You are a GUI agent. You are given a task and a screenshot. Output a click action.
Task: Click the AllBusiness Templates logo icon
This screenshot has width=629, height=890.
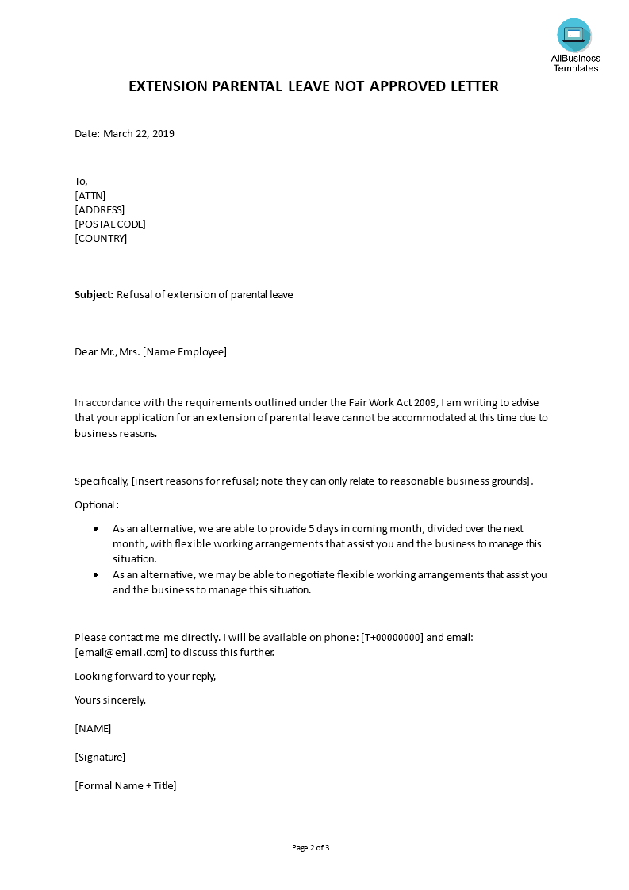573,35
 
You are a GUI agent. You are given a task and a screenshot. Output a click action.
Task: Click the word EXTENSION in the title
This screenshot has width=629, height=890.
165,86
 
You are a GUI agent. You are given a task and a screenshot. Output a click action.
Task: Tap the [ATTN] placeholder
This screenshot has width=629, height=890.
90,195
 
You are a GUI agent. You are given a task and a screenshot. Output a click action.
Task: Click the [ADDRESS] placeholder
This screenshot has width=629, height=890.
99,209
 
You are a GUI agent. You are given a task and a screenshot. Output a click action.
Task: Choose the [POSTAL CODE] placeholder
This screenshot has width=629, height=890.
110,224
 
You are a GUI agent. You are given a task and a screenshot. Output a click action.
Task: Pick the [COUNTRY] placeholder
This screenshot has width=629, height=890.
101,238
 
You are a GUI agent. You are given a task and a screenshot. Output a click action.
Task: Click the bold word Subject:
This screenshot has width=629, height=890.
94,295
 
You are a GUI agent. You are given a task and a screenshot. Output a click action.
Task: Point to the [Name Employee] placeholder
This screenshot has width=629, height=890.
185,352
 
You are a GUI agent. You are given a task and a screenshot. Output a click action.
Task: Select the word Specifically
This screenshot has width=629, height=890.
101,481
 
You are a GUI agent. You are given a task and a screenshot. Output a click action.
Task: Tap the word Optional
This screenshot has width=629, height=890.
95,504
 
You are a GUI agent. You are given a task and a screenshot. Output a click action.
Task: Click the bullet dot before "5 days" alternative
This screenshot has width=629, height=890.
96,528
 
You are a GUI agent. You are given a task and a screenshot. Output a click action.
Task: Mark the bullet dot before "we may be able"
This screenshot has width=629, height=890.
96,574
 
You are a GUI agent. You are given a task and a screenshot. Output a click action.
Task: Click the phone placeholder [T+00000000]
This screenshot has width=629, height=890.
392,637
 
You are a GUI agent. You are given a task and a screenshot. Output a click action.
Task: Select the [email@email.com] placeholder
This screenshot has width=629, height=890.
121,652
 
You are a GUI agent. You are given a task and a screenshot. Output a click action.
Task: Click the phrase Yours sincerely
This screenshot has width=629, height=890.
110,700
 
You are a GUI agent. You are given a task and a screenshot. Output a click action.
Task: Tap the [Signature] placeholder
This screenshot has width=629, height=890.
100,757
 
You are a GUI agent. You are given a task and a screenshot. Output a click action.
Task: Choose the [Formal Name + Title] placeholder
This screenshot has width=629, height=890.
125,785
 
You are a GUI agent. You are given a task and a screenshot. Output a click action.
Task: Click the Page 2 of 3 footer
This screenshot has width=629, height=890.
311,848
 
